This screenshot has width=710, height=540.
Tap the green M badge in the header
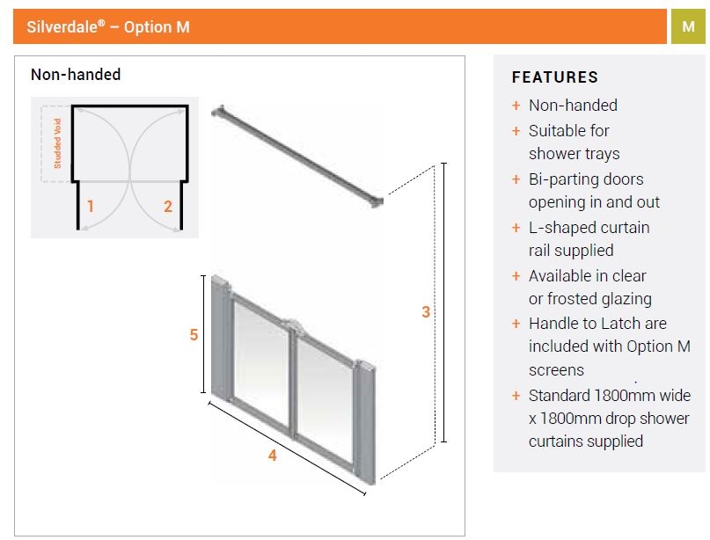pos(688,27)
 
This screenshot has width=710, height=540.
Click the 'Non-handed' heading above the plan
pos(76,75)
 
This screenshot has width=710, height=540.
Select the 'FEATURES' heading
pos(554,77)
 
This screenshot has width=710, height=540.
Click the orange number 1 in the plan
pos(91,207)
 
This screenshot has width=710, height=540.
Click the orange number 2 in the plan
pos(168,207)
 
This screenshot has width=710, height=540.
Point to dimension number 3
pos(426,311)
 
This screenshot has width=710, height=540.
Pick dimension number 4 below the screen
pos(273,456)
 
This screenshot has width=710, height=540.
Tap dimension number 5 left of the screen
pos(194,335)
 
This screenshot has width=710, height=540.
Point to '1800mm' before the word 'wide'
pos(624,395)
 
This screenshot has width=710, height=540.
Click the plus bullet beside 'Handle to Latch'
pos(516,324)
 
